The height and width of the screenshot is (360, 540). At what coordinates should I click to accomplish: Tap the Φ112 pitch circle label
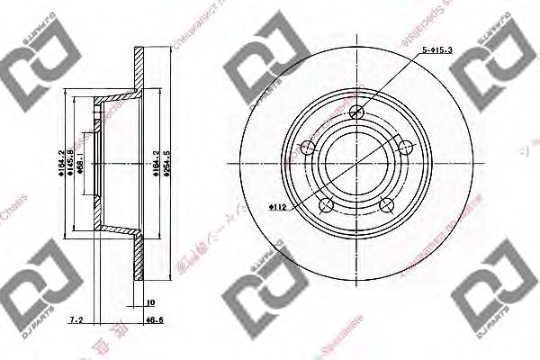click(277, 208)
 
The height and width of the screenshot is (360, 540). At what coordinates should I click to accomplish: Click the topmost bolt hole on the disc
click(358, 112)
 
